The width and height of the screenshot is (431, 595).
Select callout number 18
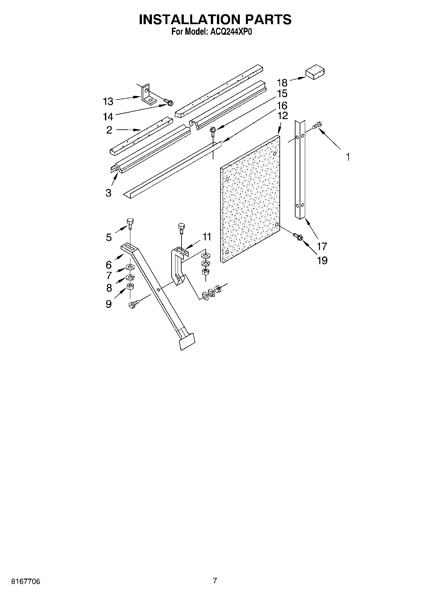pos(282,82)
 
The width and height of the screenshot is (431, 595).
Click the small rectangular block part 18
pos(314,73)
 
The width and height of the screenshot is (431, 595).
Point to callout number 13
pos(108,101)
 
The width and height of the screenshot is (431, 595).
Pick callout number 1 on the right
pos(348,157)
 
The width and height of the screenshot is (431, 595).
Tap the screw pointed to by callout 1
pos(317,125)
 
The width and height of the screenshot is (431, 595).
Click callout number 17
pos(322,246)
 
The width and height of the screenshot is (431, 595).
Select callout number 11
pos(206,237)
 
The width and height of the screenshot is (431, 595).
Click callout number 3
pos(108,193)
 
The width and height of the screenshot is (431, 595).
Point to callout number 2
pos(109,130)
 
